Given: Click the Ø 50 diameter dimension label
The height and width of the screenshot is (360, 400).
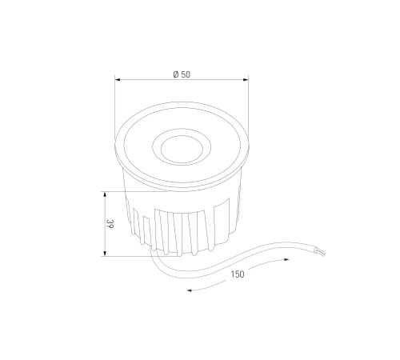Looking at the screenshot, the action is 182,74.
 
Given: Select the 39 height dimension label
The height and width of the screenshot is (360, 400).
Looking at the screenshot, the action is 110,224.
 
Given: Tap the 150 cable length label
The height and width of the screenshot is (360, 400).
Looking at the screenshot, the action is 238,274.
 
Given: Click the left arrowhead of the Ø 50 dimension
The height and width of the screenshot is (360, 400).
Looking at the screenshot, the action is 118,79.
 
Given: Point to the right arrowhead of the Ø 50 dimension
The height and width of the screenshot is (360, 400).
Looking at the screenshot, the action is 246,79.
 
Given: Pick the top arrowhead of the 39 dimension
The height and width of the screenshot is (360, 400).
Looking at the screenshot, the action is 105,194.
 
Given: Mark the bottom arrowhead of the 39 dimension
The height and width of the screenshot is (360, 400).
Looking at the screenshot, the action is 105,254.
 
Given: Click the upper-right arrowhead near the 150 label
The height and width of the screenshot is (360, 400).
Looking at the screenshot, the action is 286,259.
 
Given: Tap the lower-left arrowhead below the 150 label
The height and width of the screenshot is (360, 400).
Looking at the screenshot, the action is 190,290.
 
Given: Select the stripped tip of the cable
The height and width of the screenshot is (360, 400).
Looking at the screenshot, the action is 320,252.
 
